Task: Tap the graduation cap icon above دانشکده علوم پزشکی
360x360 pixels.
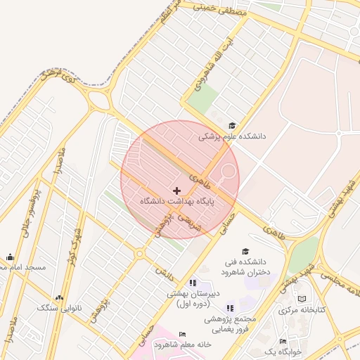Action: coord(233,125)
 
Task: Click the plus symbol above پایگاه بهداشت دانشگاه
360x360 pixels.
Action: coord(176,191)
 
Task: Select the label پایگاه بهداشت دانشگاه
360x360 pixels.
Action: coord(176,202)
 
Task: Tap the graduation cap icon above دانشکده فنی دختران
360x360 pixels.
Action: coord(245,252)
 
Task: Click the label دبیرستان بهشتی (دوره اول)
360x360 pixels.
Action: coord(193,299)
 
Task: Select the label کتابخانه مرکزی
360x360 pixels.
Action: coord(302,309)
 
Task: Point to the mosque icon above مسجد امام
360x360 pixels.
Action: coord(9,257)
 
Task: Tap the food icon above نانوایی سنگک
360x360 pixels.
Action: coord(59,298)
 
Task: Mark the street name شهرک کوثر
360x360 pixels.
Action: coord(75,241)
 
